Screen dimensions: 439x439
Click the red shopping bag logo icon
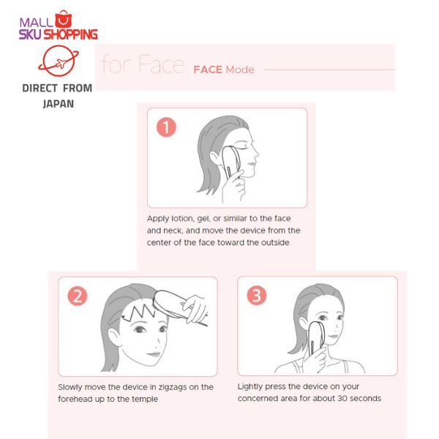(63, 19)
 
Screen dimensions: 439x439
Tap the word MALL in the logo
(37, 23)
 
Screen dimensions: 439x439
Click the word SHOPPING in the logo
(71, 34)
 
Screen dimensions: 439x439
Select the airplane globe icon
(59, 61)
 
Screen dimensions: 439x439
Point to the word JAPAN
(59, 104)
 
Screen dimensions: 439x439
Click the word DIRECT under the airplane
(40, 89)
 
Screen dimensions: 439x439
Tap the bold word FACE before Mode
(208, 70)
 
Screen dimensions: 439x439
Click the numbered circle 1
(166, 127)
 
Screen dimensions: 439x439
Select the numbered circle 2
(78, 296)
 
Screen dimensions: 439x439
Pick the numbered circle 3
(257, 295)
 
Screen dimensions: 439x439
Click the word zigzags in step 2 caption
(173, 388)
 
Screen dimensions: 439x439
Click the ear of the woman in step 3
(304, 326)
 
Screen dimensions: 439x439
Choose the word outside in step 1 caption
(275, 242)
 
